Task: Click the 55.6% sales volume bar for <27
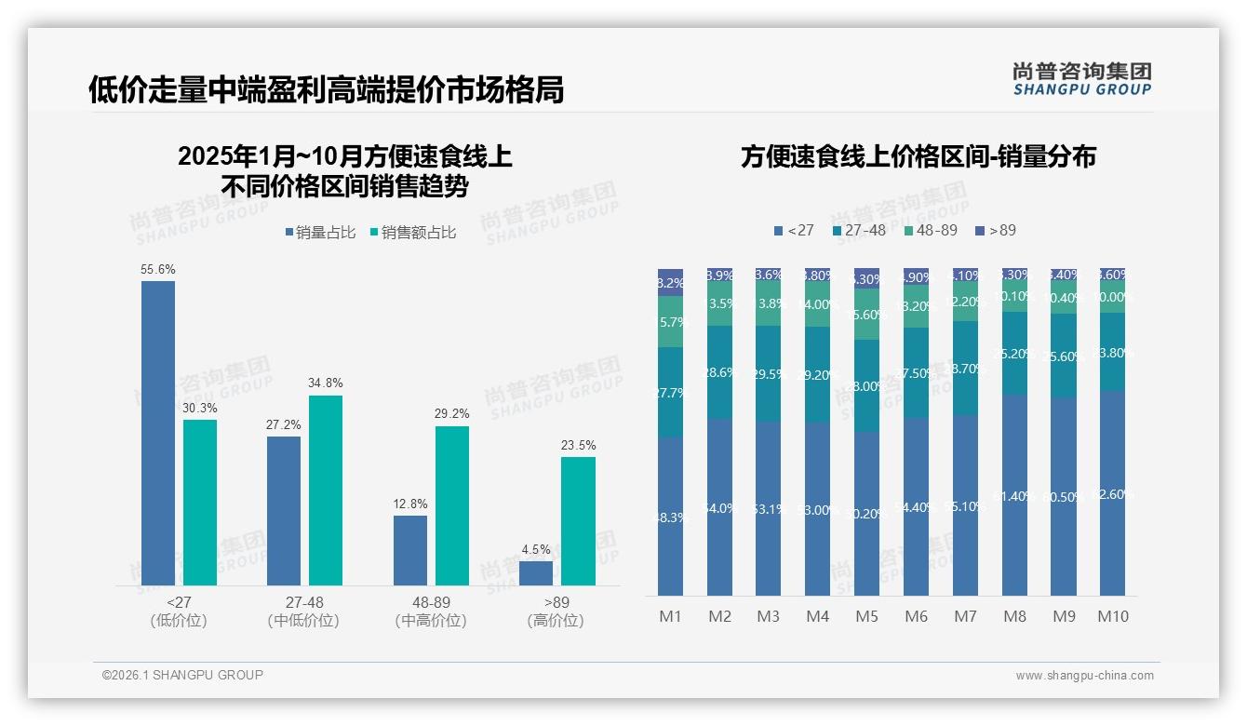[158, 433]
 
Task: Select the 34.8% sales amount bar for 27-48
[326, 491]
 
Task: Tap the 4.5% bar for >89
[536, 573]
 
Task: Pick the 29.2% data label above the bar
[452, 414]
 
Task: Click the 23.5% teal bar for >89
[578, 521]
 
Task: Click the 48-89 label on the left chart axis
[430, 603]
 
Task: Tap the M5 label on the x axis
[866, 616]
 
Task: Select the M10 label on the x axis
[1113, 616]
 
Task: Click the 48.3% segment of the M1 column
[670, 517]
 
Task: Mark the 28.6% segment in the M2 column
[719, 372]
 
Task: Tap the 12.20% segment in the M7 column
[965, 302]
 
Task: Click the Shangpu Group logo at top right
[1081, 78]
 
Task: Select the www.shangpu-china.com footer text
[1084, 676]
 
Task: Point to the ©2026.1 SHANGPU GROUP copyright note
[182, 675]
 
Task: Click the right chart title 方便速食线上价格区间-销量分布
[918, 156]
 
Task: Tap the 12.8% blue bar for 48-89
[410, 550]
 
